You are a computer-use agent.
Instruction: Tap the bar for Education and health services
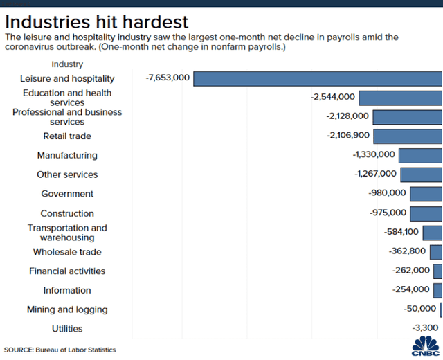[400, 98]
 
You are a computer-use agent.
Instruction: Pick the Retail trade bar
[407, 136]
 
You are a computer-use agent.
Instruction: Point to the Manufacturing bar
[420, 155]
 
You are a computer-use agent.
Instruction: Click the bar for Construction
[426, 213]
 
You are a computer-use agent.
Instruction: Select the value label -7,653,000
[168, 78]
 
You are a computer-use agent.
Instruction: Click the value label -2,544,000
[333, 98]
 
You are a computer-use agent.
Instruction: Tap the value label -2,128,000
[347, 116]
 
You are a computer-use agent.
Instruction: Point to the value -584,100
[398, 233]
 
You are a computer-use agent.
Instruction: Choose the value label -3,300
[424, 328]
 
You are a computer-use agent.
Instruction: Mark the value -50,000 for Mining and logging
[419, 309]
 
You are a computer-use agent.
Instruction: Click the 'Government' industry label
[67, 194]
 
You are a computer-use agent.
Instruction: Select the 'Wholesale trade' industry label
[67, 252]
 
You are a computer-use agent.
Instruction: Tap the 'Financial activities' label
[67, 271]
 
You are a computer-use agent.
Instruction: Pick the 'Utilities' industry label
[67, 329]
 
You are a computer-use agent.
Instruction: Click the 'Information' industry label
[67, 290]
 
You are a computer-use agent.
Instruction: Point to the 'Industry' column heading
[67, 64]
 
